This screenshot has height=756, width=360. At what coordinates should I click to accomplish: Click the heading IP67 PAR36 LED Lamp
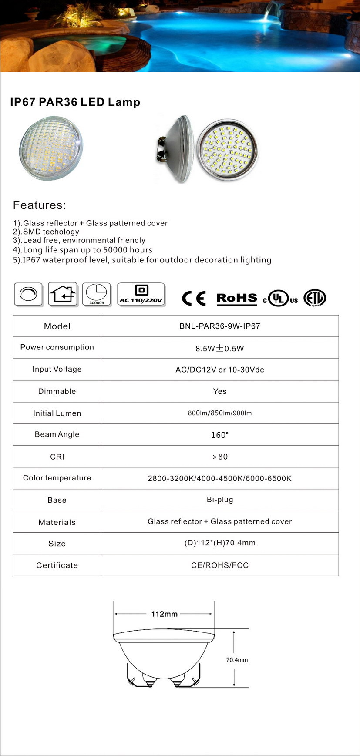pyautogui.click(x=75, y=102)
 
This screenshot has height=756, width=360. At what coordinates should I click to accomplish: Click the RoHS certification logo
pyautogui.click(x=237, y=298)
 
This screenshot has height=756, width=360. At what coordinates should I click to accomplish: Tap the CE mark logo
pyautogui.click(x=194, y=298)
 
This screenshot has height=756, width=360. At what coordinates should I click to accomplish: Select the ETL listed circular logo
pyautogui.click(x=315, y=298)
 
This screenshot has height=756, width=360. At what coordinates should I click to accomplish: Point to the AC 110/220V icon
pyautogui.click(x=141, y=295)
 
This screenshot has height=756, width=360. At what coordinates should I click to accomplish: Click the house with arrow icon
pyautogui.click(x=63, y=294)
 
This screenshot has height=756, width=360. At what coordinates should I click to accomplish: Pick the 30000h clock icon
pyautogui.click(x=97, y=294)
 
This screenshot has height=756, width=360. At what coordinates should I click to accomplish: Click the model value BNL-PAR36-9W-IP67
pyautogui.click(x=219, y=326)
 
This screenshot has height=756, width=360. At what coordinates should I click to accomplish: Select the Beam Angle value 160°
pyautogui.click(x=219, y=435)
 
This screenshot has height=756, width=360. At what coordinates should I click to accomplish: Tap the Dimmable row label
pyautogui.click(x=57, y=391)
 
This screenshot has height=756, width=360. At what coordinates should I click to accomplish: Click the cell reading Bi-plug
pyautogui.click(x=219, y=500)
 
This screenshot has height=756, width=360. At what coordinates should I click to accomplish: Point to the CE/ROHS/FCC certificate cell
pyautogui.click(x=219, y=565)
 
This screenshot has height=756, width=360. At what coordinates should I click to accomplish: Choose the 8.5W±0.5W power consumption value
pyautogui.click(x=219, y=348)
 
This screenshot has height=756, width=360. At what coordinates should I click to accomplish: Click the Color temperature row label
pyautogui.click(x=57, y=478)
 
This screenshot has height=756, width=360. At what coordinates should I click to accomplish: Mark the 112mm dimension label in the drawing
pyautogui.click(x=164, y=614)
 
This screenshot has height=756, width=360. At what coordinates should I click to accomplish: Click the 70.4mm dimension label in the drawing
pyautogui.click(x=237, y=660)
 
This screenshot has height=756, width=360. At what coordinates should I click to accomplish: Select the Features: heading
pyautogui.click(x=40, y=205)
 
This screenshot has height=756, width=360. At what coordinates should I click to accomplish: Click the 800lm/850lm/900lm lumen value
pyautogui.click(x=219, y=413)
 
